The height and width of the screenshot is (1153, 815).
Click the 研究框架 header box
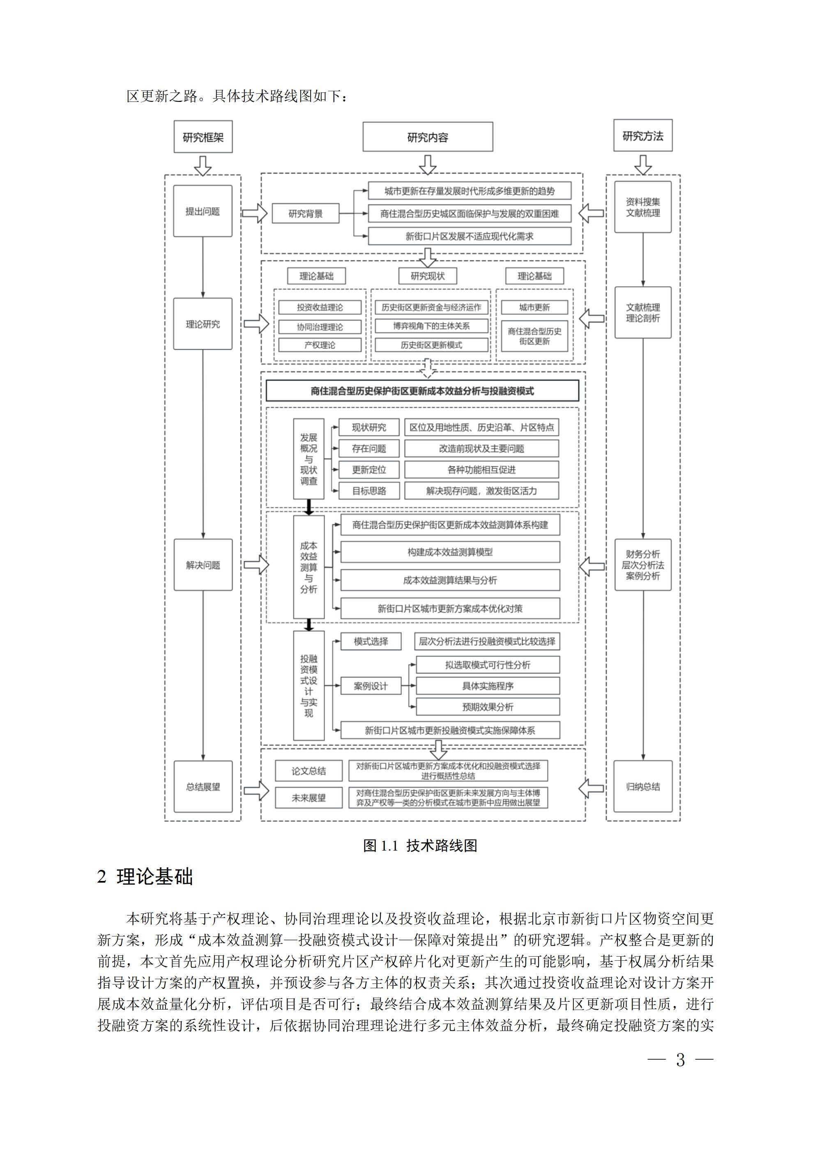203,136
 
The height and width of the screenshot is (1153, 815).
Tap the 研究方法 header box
643,136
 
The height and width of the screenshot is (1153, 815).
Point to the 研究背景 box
305,213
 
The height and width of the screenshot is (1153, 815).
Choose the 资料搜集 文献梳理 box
643,208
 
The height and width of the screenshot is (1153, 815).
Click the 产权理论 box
320,345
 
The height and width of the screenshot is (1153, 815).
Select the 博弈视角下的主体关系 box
431,326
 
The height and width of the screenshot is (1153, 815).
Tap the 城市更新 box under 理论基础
534,307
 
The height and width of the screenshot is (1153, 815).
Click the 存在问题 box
369,448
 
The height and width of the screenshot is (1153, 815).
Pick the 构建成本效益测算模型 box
450,552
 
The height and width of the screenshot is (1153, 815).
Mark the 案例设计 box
371,686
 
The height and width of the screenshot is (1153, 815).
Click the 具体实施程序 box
488,686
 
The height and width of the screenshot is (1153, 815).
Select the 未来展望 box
309,798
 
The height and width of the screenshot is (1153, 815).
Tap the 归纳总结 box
643,786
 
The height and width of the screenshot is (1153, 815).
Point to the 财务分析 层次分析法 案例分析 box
643,565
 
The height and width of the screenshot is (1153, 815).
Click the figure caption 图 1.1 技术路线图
420,845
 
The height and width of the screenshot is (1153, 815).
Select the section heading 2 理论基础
145,877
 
